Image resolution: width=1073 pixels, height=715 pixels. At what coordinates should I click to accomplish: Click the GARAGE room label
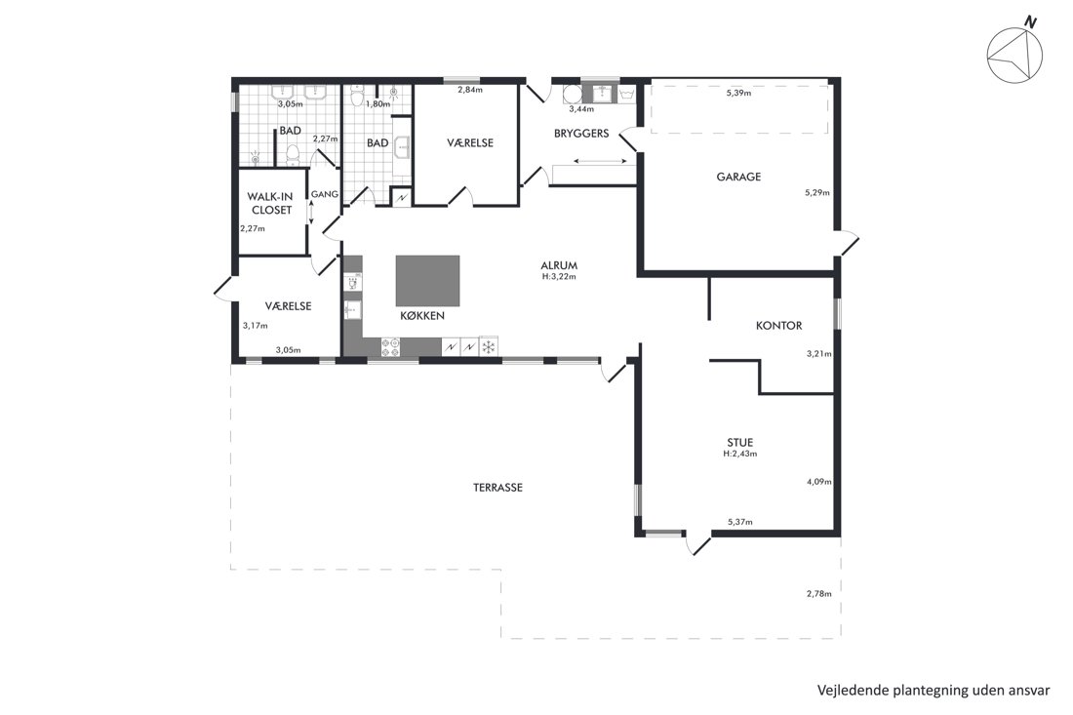tap(738, 177)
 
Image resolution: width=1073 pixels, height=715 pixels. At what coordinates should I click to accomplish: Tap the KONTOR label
tap(778, 326)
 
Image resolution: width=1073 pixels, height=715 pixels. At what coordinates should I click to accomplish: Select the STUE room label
tap(739, 442)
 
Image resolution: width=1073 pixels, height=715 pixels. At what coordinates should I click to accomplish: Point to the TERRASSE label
tap(497, 488)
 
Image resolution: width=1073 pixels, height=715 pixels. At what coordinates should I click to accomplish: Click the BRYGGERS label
tap(581, 134)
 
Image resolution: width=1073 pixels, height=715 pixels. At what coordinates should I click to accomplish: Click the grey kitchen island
tap(427, 281)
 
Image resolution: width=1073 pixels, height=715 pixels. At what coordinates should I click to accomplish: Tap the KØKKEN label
tap(422, 316)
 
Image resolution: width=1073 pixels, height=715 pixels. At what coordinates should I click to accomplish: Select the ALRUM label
tap(559, 265)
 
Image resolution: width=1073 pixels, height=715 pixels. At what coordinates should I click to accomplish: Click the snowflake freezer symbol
tap(488, 347)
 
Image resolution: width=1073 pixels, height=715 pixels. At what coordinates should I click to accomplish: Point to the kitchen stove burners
tap(390, 347)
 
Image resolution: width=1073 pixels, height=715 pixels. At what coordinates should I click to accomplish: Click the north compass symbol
tap(1014, 54)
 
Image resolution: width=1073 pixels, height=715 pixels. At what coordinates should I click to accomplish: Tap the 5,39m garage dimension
tap(738, 93)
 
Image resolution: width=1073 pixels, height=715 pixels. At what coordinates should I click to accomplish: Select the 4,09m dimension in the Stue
tap(818, 482)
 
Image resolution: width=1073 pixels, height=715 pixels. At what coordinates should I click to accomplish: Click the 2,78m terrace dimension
tap(818, 594)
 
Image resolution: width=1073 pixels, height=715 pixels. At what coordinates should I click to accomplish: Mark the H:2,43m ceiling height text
tap(739, 454)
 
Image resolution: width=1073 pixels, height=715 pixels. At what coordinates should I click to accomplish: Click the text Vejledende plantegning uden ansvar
tap(934, 690)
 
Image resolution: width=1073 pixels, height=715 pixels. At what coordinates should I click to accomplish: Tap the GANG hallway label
tap(325, 194)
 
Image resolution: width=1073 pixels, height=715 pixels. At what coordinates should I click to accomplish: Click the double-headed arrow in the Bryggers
tap(600, 162)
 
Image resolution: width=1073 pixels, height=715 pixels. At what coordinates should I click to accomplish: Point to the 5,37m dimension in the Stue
tap(739, 522)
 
